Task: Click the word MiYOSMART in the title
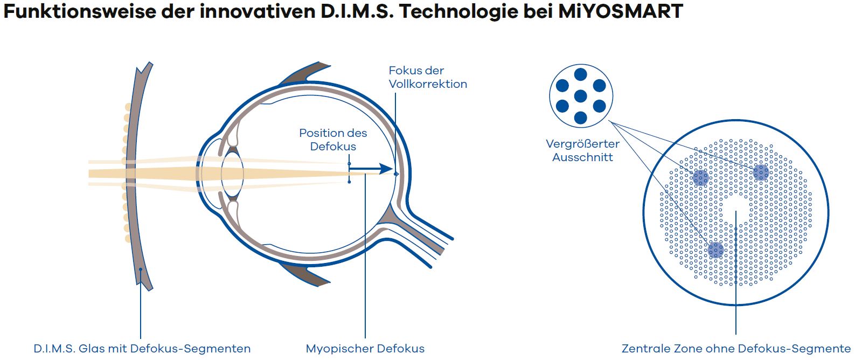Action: tap(620, 11)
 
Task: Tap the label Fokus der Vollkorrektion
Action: tap(428, 77)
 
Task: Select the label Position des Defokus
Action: tap(333, 140)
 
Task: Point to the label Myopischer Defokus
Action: tap(365, 349)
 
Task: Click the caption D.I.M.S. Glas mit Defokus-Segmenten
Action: tap(142, 349)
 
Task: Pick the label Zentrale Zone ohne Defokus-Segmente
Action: tap(736, 349)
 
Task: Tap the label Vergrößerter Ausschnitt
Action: tap(582, 150)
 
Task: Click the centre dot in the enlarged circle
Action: tap(580, 96)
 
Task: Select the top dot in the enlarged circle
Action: tap(580, 74)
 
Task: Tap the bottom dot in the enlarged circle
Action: tap(580, 118)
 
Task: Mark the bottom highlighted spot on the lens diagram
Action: tap(715, 250)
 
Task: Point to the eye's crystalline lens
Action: tap(232, 174)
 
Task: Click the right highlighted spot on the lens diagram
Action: tap(761, 172)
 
